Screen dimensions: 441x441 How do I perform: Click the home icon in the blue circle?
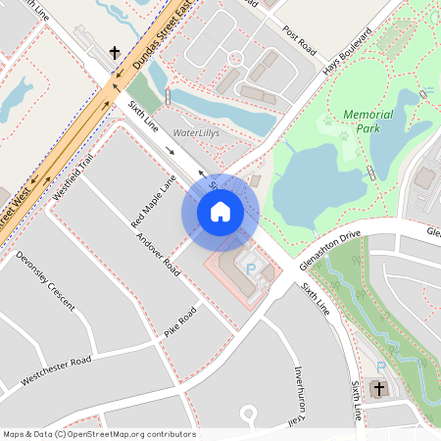click(x=220, y=211)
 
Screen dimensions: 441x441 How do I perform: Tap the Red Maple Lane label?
click(x=153, y=201)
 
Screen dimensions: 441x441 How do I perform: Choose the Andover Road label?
click(x=158, y=253)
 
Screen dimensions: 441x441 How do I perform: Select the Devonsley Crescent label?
click(x=45, y=286)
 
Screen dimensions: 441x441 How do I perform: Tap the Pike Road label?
click(x=180, y=321)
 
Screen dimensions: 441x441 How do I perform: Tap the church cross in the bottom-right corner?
click(x=379, y=388)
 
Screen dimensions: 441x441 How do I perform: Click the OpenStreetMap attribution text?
click(x=99, y=433)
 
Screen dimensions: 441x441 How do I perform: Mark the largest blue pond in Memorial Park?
click(x=309, y=181)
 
